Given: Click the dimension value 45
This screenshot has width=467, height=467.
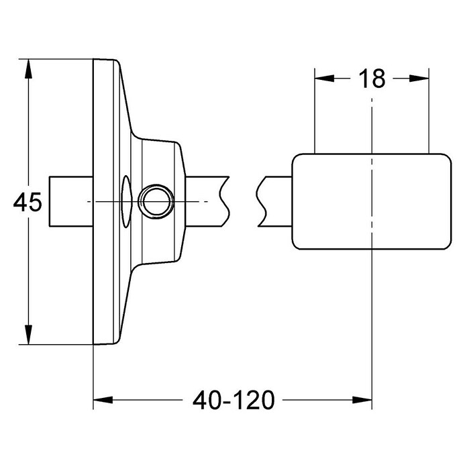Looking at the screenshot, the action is click(28, 203).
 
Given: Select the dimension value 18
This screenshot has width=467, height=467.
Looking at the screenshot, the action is click(372, 79).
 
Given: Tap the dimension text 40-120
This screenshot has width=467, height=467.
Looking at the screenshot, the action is click(234, 400).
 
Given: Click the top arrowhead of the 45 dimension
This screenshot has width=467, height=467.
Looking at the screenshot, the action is click(28, 69).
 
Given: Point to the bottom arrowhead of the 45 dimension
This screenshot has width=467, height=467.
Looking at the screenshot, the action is click(28, 335).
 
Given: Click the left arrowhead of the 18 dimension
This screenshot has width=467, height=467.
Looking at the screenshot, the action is click(324, 79).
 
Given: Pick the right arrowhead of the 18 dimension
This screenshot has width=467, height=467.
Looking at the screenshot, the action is click(419, 79).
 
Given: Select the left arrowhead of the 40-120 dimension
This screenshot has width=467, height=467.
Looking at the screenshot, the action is click(103, 400).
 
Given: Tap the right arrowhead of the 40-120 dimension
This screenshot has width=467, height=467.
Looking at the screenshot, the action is click(362, 400).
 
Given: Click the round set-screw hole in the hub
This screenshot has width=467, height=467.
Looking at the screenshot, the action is click(156, 201).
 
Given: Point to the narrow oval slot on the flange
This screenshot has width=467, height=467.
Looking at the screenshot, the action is click(126, 202).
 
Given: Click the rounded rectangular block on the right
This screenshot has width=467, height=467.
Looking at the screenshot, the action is click(372, 202).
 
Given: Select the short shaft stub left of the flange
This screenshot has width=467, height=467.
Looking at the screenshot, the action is click(71, 202).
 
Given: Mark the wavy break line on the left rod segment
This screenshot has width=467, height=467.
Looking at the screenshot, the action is click(225, 202).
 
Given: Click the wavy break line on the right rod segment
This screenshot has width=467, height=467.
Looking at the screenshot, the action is click(261, 202).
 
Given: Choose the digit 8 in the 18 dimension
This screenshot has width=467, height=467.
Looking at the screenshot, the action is click(378, 79).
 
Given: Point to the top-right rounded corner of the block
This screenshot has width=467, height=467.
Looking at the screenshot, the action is click(448, 158).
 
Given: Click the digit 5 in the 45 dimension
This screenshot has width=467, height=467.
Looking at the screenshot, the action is click(36, 203).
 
